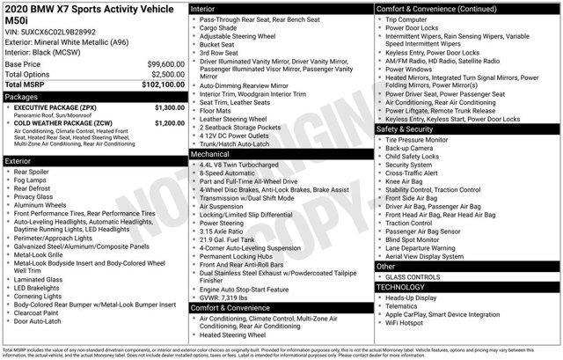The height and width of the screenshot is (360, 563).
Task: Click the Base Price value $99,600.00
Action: click(x=159, y=65)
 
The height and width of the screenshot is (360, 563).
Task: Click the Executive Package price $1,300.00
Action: click(x=169, y=107)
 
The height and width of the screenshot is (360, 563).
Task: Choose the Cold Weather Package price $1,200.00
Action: click(x=169, y=123)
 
